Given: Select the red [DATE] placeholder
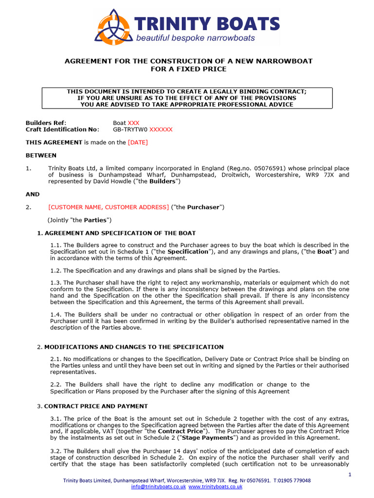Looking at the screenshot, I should pos(138,142).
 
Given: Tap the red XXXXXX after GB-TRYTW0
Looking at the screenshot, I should pos(161,130).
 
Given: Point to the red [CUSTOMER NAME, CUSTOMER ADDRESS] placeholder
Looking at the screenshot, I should pos(109,207).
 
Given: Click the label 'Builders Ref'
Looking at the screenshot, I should pos(45,123).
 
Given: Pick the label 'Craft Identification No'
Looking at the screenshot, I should pos(62,130).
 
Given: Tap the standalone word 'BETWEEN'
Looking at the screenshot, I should pos(41,156).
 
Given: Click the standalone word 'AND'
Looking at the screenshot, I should pos(33,194).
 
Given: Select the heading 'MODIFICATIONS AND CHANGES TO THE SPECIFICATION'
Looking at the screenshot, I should pos(134,347).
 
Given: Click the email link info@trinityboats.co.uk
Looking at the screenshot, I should pos(158,486).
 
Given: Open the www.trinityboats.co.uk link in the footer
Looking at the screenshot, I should pos(215,486).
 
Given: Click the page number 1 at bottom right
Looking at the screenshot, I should pos(350,475).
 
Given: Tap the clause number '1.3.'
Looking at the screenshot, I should pos(56,282).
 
